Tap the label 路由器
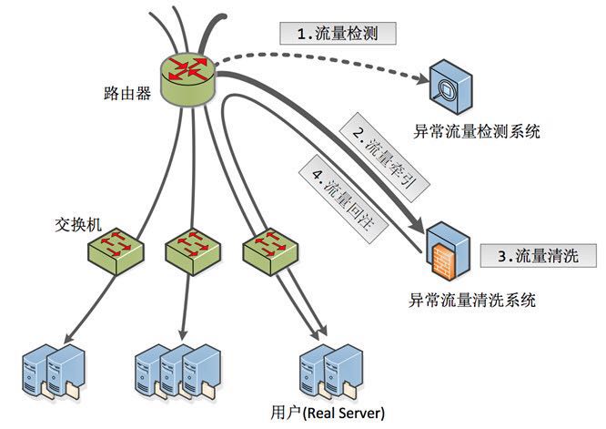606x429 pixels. tap(127, 94)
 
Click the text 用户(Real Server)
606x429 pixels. tap(328, 413)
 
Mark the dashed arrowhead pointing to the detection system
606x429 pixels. tap(420, 79)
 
